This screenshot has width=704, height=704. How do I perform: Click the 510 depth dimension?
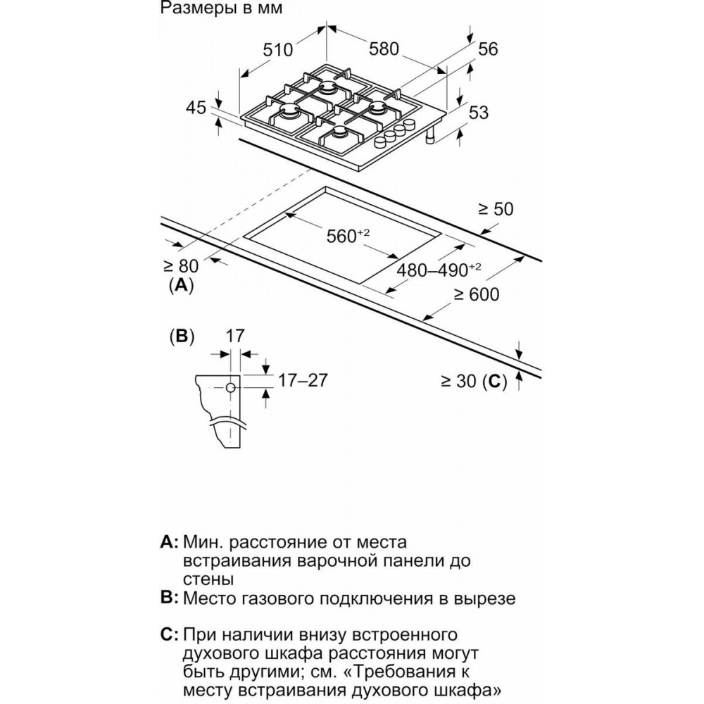tap(277, 49)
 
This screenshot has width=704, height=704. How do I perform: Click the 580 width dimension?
tap(384, 49)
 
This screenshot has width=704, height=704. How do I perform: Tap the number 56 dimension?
tap(488, 49)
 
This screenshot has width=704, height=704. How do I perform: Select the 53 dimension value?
tap(478, 112)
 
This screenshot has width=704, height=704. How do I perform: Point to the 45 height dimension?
tap(196, 108)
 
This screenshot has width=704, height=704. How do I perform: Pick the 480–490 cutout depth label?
tap(439, 270)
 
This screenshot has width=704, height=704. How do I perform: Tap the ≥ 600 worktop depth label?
tap(476, 294)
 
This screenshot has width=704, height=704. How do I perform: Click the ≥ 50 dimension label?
tap(496, 209)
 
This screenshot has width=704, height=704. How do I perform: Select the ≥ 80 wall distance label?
tap(180, 266)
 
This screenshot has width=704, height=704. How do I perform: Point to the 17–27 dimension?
tap(303, 380)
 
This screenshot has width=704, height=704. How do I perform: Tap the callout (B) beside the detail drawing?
tap(182, 337)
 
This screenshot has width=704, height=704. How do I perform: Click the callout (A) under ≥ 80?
tap(182, 284)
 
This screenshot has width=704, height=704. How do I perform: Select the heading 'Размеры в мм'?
tap(221, 8)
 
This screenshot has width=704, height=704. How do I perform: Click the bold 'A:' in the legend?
tap(169, 542)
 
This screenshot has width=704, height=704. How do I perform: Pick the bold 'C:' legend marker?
tap(169, 634)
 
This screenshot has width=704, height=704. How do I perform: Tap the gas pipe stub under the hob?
tap(431, 136)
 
